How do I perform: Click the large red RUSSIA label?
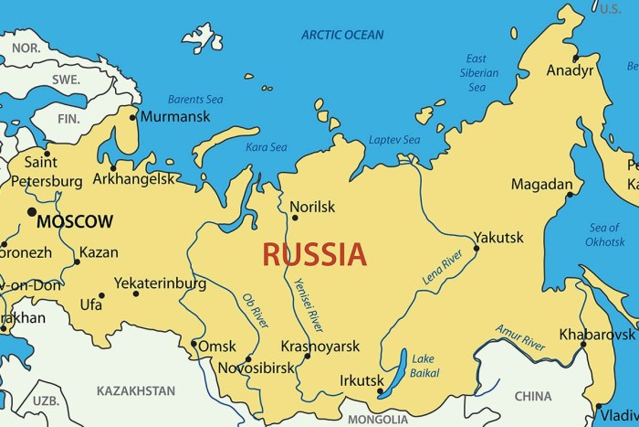tap(315, 253)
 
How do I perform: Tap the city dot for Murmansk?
tap(133, 117)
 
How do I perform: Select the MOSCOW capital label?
tap(75, 221)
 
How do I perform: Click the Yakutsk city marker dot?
tap(476, 248)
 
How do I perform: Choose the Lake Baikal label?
tap(424, 366)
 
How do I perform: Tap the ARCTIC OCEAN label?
tap(344, 35)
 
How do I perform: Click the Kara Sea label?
tap(267, 146)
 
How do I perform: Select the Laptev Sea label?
tap(394, 140)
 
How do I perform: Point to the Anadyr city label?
tap(570, 70)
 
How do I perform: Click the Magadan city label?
tap(540, 184)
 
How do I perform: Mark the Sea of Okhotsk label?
tap(605, 235)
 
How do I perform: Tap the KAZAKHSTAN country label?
tap(137, 390)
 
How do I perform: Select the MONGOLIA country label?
tap(377, 420)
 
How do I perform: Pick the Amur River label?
tap(520, 337)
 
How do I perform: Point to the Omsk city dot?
tap(194, 345)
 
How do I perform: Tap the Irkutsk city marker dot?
tap(381, 392)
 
